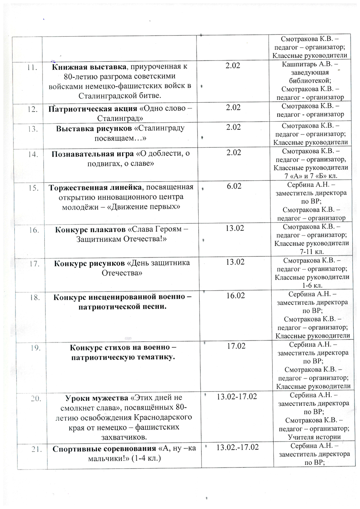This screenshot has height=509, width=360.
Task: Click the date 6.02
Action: click(234, 186)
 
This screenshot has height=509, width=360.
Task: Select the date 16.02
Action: click(235, 295)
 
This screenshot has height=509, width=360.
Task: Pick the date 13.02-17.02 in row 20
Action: click(237, 396)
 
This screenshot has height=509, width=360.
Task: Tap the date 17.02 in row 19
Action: click(236, 346)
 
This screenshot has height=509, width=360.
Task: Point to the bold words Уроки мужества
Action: click(97, 398)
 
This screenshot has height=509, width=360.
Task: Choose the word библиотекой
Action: click(310, 81)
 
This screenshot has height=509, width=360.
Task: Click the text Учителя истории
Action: click(314, 437)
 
